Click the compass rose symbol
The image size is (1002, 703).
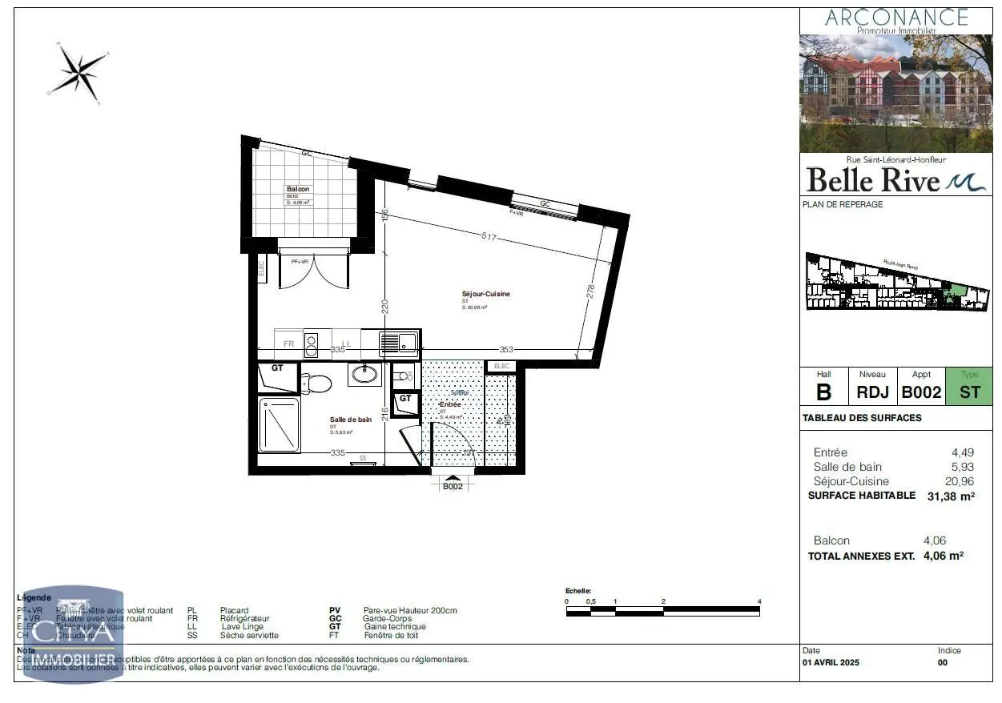tap(78, 71)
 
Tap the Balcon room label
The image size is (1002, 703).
tap(298, 190)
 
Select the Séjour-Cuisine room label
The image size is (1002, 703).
tap(485, 294)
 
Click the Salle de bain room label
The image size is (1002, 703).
tap(351, 420)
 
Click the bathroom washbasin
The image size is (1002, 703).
tap(366, 374)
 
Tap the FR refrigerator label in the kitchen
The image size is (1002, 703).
tap(288, 343)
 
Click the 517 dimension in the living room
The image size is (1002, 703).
tap(489, 238)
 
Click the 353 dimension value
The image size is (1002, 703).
tap(506, 349)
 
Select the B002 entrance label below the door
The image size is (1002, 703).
tap(453, 486)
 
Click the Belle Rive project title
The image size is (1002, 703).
tap(872, 180)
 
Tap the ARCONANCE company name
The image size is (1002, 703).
tap(895, 17)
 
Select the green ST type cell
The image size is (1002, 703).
tap(968, 392)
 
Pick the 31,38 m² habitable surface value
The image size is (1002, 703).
tap(950, 496)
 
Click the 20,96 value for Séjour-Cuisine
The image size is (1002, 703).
tap(960, 481)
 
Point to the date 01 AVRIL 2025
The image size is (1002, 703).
tap(831, 663)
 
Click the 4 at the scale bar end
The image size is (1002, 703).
tap(759, 601)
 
